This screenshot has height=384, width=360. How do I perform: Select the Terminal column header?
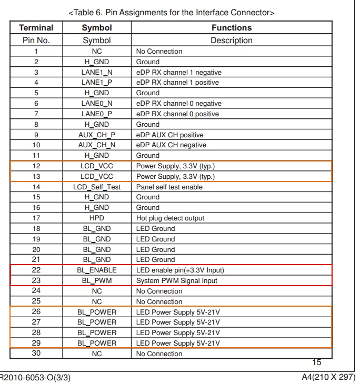pyautogui.click(x=36, y=28)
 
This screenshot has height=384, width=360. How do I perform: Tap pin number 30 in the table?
pyautogui.click(x=36, y=353)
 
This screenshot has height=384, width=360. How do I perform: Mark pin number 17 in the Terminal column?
pyautogui.click(x=36, y=218)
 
